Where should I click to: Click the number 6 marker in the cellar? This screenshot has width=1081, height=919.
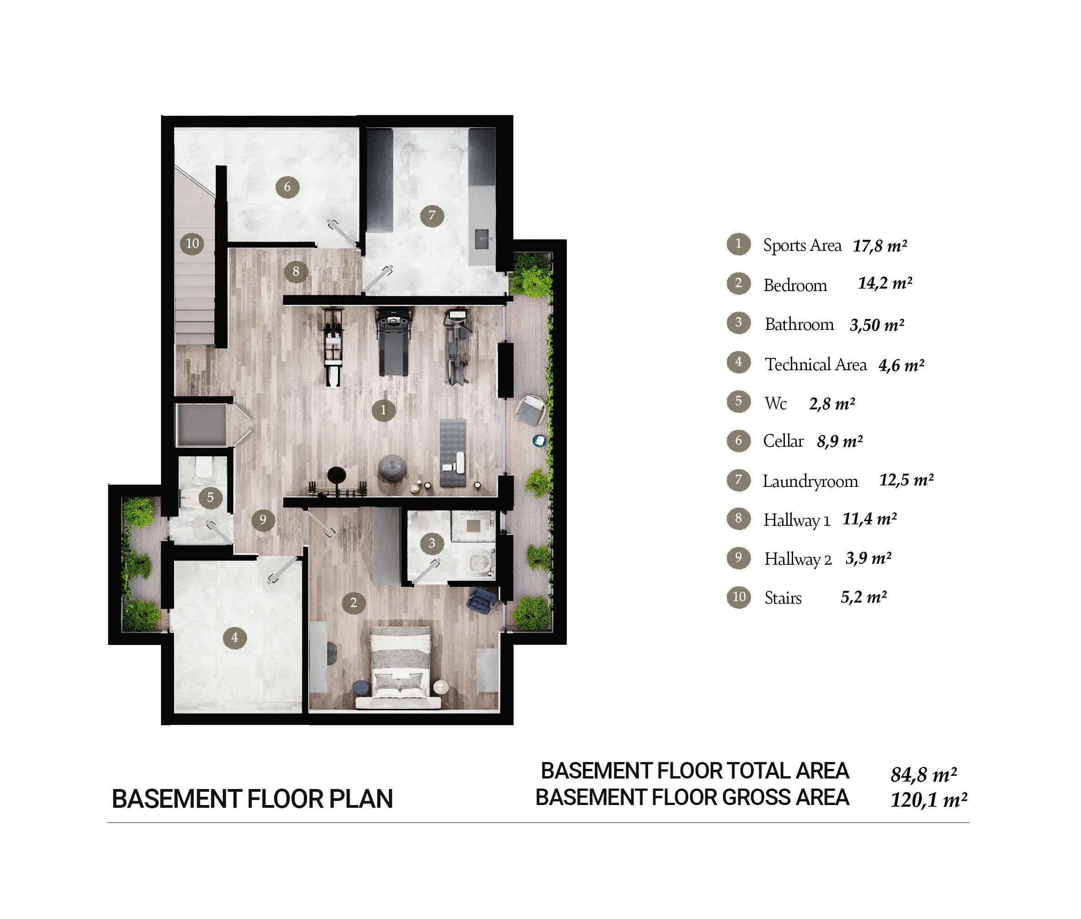287,187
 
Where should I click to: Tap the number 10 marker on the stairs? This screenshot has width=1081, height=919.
192,243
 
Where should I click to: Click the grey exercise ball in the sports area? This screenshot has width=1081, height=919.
392,467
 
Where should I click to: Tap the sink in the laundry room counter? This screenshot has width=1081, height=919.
482,240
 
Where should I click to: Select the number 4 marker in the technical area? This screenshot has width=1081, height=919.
235,637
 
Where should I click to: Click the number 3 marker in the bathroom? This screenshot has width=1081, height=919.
432,543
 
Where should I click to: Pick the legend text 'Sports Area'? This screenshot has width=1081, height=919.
802,245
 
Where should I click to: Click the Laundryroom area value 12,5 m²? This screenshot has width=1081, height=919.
906,480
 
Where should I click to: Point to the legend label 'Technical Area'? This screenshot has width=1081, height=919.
815,364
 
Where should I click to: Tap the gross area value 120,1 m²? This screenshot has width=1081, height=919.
928,800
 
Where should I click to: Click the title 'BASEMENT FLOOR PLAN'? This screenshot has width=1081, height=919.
252,799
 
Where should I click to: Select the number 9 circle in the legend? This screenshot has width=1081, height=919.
738,558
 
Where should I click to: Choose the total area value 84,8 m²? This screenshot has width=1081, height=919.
923,775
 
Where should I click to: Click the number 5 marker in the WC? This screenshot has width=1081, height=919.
211,497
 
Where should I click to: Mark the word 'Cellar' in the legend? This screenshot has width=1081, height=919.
783,441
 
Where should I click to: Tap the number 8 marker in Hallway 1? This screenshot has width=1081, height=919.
296,271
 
